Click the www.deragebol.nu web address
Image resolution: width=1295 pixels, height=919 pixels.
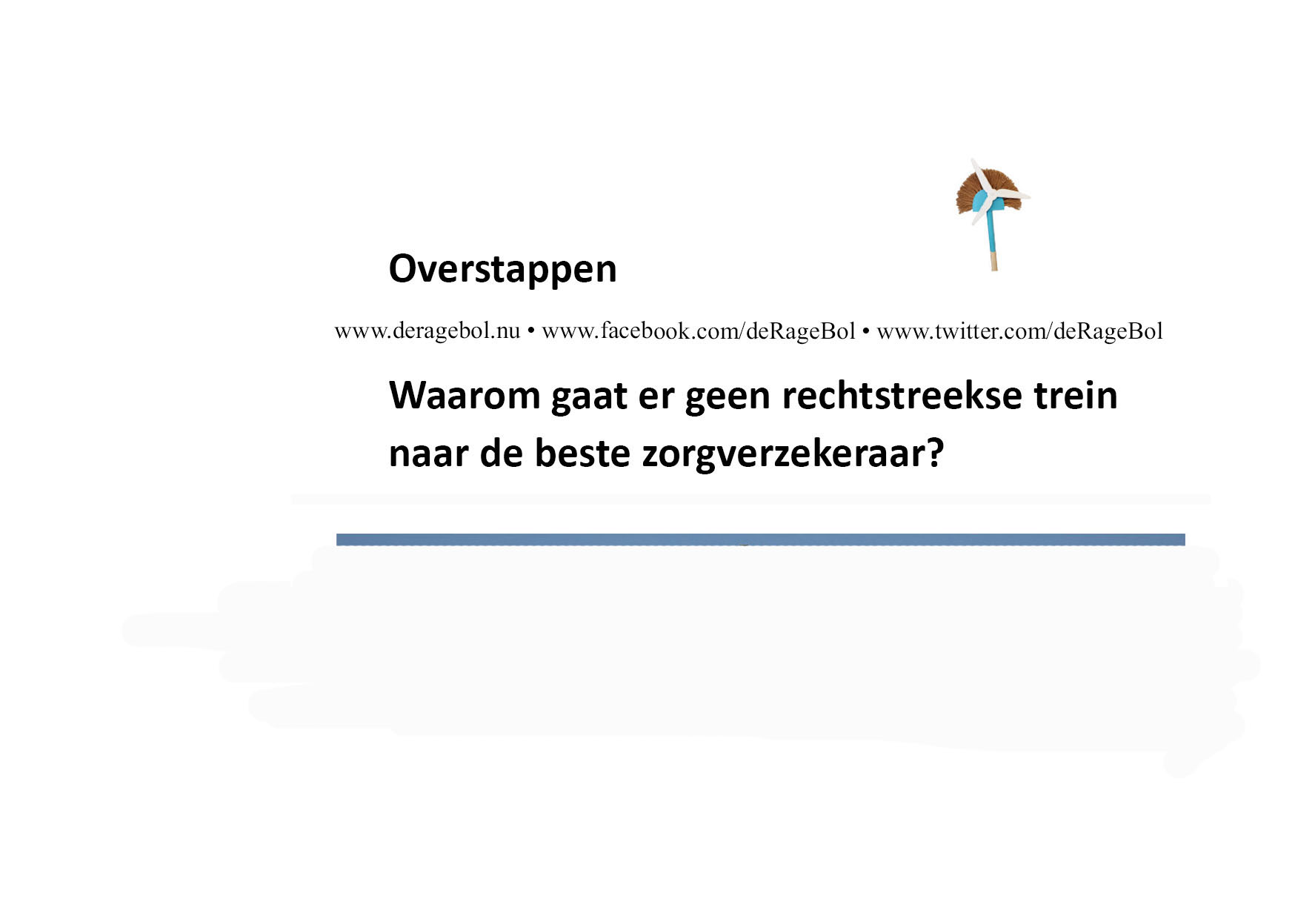click(427, 331)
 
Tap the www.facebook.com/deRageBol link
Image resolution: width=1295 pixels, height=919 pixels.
click(699, 331)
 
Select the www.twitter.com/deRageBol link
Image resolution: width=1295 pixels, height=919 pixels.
click(1019, 331)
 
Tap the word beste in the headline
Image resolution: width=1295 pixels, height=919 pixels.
click(582, 453)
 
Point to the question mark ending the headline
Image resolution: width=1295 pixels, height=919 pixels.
click(935, 453)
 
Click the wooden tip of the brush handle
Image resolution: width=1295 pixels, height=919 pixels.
click(993, 262)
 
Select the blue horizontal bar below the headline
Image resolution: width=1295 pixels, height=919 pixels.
click(761, 540)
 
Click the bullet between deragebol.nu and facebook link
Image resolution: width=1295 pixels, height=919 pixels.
click(531, 331)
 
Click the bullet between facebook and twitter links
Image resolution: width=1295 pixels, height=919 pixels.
click(866, 331)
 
